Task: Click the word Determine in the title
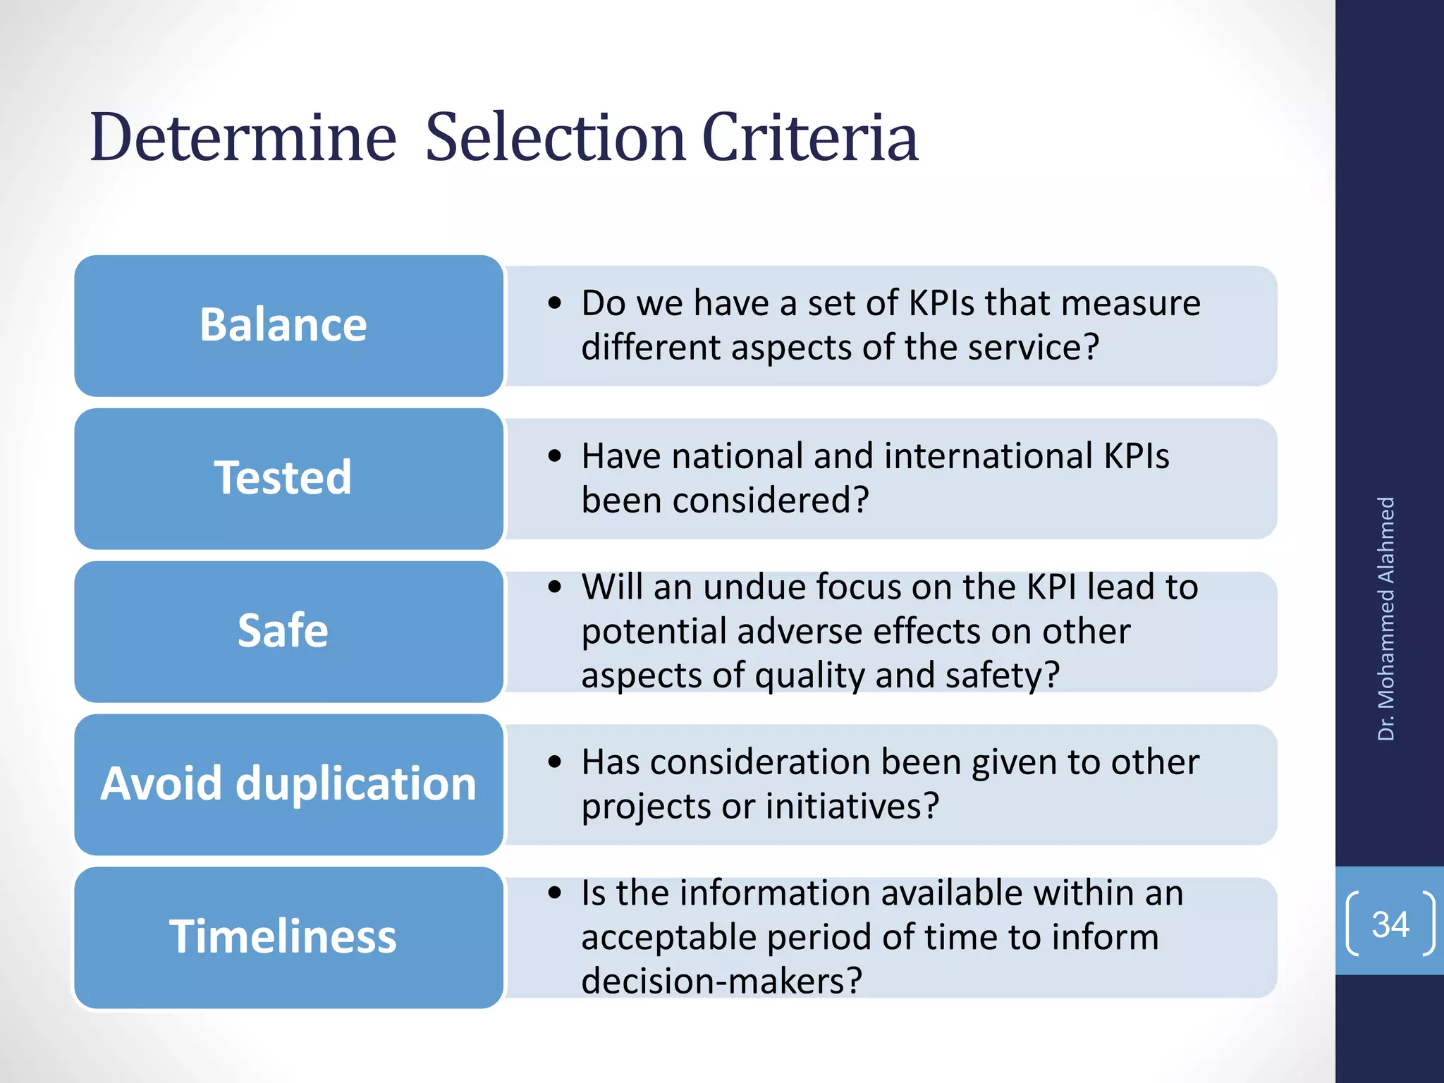[x=243, y=137]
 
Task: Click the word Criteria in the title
[x=810, y=137]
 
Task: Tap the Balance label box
[x=288, y=326]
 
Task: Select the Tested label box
[x=288, y=479]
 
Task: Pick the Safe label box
[x=288, y=631]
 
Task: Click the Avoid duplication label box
[x=288, y=784]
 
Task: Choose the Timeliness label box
[x=288, y=937]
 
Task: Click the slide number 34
[x=1390, y=924]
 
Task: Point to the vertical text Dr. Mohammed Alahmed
[x=1386, y=618]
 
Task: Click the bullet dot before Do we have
[x=556, y=304]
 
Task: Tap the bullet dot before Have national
[x=556, y=457]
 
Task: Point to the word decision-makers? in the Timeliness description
[x=721, y=981]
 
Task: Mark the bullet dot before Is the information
[x=556, y=893]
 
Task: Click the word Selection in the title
[x=555, y=137]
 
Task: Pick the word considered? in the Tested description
[x=771, y=501]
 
